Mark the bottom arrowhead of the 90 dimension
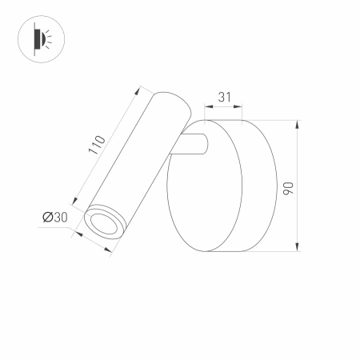298,248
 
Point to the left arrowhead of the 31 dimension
208,107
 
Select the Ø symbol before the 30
46,217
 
